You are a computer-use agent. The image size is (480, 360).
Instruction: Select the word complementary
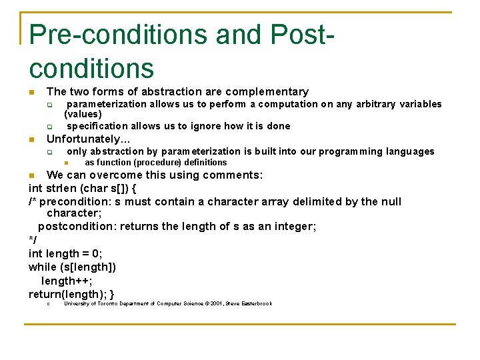click(x=267, y=91)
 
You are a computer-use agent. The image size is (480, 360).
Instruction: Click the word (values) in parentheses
click(x=83, y=114)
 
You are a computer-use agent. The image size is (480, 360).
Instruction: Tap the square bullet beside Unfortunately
click(x=31, y=140)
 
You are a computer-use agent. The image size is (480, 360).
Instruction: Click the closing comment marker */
click(x=33, y=240)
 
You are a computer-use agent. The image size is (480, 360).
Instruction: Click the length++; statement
click(x=67, y=281)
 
